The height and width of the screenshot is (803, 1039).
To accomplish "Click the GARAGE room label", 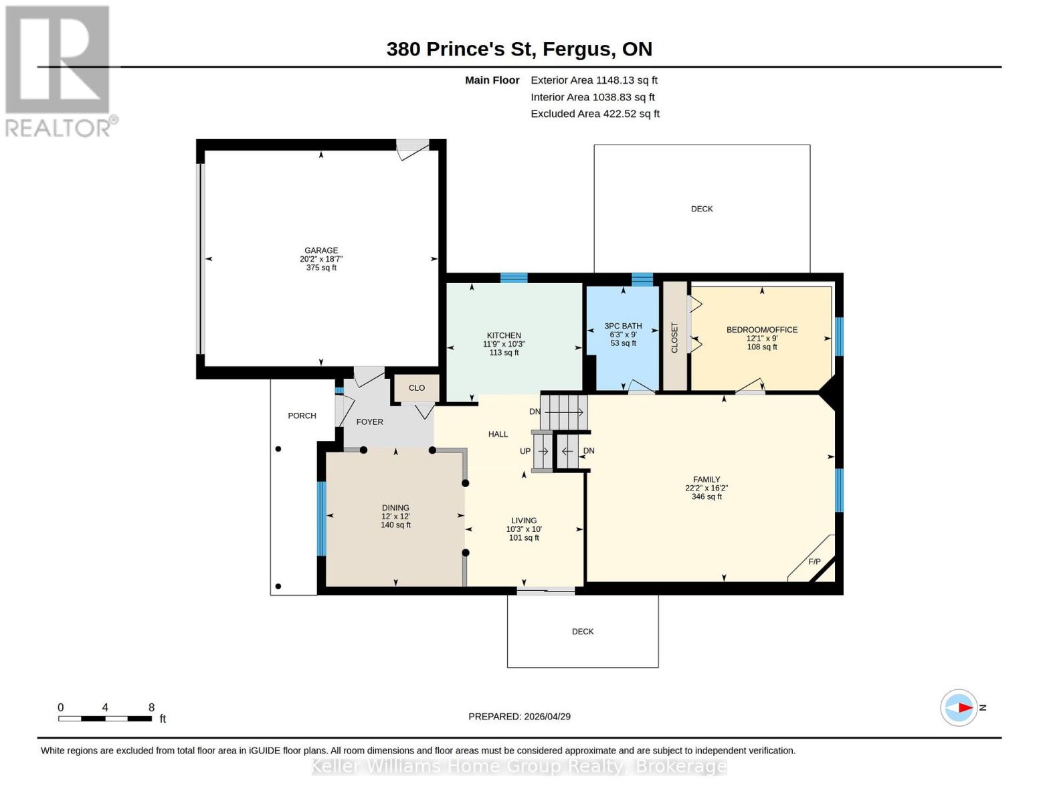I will [321, 250].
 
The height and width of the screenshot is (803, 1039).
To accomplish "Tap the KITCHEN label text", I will [504, 335].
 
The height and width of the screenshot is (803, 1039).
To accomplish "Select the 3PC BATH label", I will [623, 326].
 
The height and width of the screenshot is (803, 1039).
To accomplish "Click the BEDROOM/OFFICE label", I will [762, 329].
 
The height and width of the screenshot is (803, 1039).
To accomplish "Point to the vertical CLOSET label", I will [674, 337].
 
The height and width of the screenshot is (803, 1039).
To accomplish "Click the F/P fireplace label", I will [814, 561].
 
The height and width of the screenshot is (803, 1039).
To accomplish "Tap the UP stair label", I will [525, 451].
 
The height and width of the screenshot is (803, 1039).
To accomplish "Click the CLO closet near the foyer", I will [417, 388].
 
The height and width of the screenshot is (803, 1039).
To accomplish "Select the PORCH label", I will [302, 416].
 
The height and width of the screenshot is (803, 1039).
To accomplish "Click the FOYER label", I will [370, 422].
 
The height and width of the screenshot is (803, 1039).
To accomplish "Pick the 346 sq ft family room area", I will [706, 497].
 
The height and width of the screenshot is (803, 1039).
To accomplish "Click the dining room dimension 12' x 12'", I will [395, 517].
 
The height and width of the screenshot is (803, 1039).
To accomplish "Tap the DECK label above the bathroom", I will [702, 209].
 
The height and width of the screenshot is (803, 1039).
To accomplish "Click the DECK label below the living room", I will [583, 632].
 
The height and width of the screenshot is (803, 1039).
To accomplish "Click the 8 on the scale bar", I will [151, 707].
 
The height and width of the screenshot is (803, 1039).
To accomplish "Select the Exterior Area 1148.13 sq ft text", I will [594, 80].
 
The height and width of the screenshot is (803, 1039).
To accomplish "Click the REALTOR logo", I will [59, 70].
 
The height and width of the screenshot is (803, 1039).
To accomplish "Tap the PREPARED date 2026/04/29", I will [519, 717].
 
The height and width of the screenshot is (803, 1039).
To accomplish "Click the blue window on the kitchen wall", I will [514, 278].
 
